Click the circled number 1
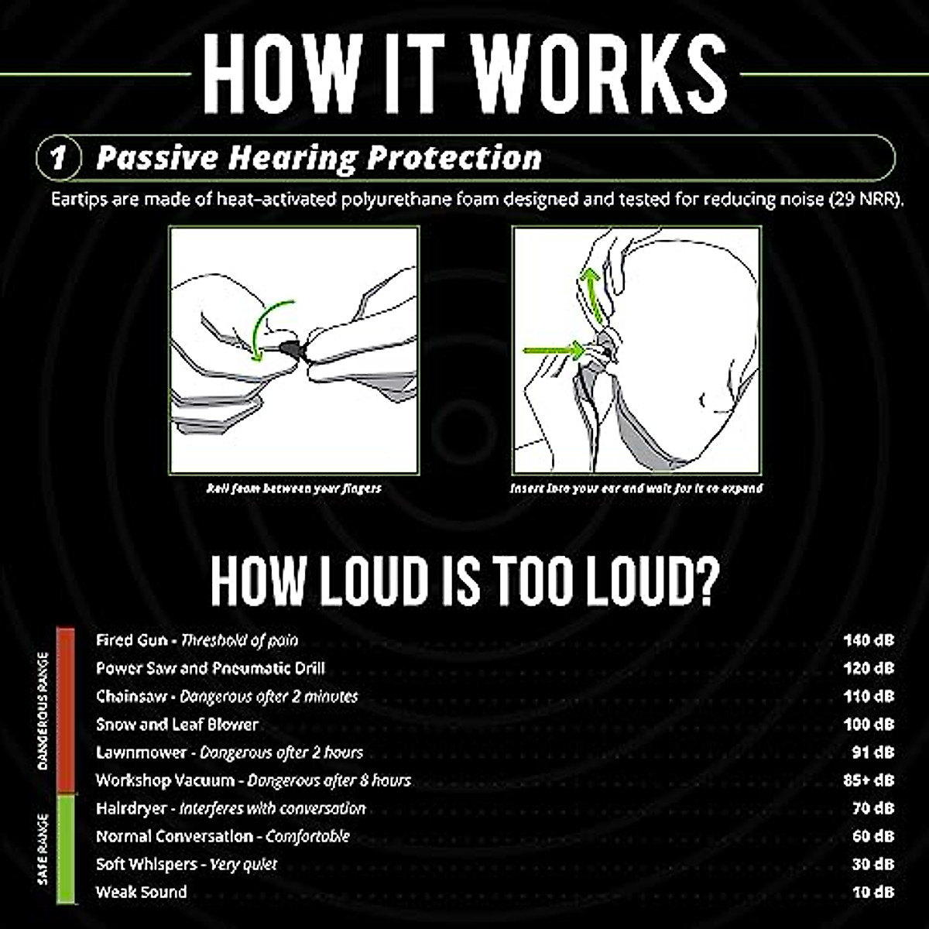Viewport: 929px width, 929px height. pyautogui.click(x=59, y=159)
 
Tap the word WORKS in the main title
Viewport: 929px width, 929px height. pyautogui.click(x=600, y=74)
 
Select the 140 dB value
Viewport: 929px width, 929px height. pyautogui.click(x=868, y=640)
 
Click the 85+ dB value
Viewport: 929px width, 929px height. pyautogui.click(x=868, y=780)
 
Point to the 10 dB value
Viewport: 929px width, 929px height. pyautogui.click(x=872, y=892)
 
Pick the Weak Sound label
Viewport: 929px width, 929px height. pyautogui.click(x=141, y=892)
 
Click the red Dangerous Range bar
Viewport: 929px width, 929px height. pyautogui.click(x=66, y=711)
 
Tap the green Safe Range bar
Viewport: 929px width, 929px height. pyautogui.click(x=66, y=848)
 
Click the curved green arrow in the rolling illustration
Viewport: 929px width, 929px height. pyautogui.click(x=267, y=329)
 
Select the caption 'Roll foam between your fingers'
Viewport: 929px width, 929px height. pyautogui.click(x=293, y=488)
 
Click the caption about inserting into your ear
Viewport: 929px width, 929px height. pyautogui.click(x=636, y=488)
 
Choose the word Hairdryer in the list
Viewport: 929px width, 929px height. pyautogui.click(x=131, y=808)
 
